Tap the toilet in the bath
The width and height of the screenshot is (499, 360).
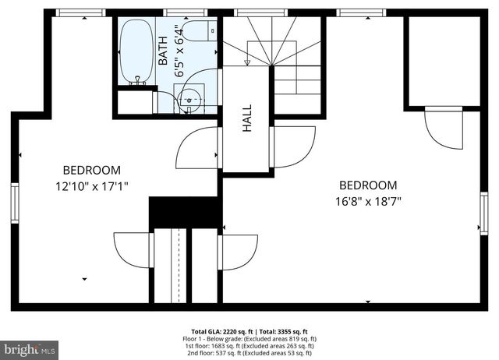click(x=204, y=30)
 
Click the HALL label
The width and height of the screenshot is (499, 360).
click(x=247, y=119)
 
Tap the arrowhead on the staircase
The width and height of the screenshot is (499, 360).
click(x=248, y=62)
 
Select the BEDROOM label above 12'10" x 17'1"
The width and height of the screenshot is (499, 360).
click(x=91, y=171)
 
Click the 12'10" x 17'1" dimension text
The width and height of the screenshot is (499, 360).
click(x=91, y=186)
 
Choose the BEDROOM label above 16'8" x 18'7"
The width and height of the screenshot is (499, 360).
click(x=368, y=185)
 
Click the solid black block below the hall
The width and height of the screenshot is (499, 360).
click(x=183, y=212)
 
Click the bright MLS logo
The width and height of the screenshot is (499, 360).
click(x=30, y=349)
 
